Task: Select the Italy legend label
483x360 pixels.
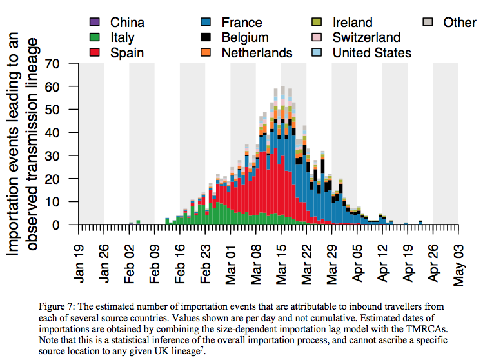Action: click(x=123, y=38)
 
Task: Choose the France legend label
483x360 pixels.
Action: click(x=241, y=23)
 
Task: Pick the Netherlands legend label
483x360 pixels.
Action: click(x=257, y=53)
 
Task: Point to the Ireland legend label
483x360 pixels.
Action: click(x=352, y=23)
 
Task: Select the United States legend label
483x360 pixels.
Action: click(x=371, y=53)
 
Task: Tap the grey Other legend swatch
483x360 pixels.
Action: click(x=427, y=23)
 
